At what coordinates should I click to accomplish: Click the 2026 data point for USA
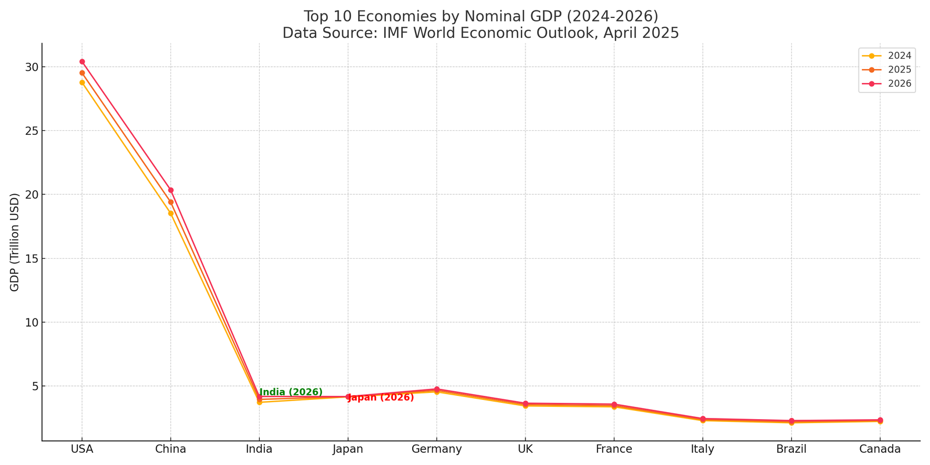pos(82,62)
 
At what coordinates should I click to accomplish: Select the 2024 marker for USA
pos(82,83)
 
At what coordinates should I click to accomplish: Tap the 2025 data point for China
pos(171,202)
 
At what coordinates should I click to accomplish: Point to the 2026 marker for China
pos(171,190)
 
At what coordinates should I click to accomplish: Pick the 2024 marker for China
pos(171,213)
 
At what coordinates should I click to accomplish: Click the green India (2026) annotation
pos(291,392)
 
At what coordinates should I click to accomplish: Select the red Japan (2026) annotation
pos(381,398)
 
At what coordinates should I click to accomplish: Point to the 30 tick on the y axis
pos(31,67)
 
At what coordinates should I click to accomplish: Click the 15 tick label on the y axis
pos(31,259)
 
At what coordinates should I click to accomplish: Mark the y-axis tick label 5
pos(34,386)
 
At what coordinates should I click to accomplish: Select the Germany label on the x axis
pos(437,449)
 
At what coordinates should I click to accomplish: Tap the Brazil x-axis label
pos(791,449)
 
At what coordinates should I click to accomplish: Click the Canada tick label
pos(880,449)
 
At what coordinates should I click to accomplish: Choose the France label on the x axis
pos(614,449)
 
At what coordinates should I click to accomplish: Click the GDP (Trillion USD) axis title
pos(15,242)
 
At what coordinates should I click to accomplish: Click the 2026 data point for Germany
pos(437,389)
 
